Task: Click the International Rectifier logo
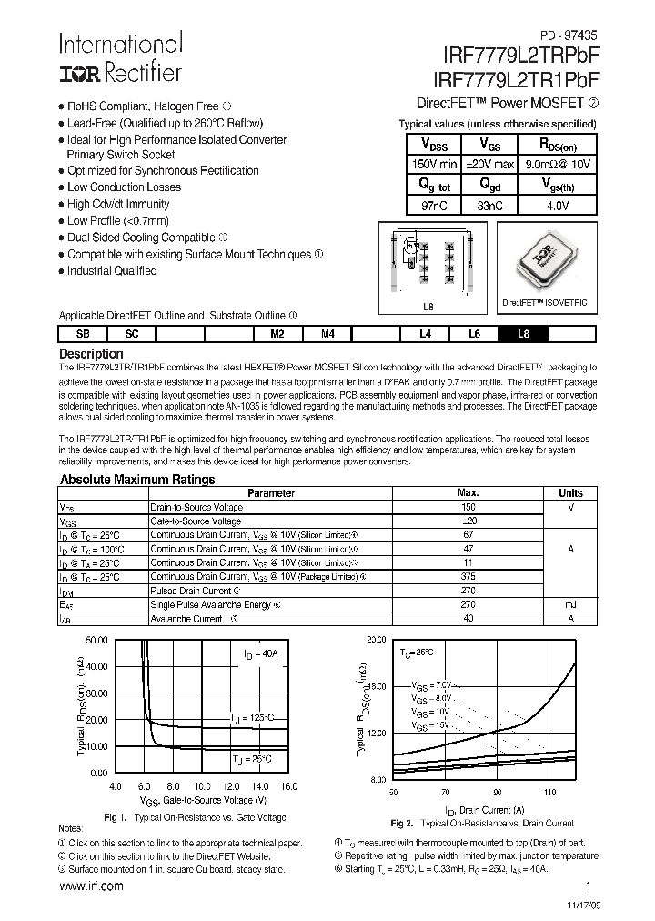click(120, 57)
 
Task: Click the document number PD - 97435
click(567, 30)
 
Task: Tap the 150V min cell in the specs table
click(435, 164)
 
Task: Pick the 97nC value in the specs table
click(434, 206)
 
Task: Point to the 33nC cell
click(489, 206)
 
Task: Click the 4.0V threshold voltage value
click(556, 206)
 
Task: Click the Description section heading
click(91, 353)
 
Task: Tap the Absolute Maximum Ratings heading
click(137, 480)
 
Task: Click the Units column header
click(570, 493)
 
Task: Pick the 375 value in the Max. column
click(469, 575)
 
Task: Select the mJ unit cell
click(570, 603)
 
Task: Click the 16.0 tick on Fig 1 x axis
click(290, 785)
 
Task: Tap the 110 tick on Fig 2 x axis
click(549, 793)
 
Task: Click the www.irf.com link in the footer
click(91, 886)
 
